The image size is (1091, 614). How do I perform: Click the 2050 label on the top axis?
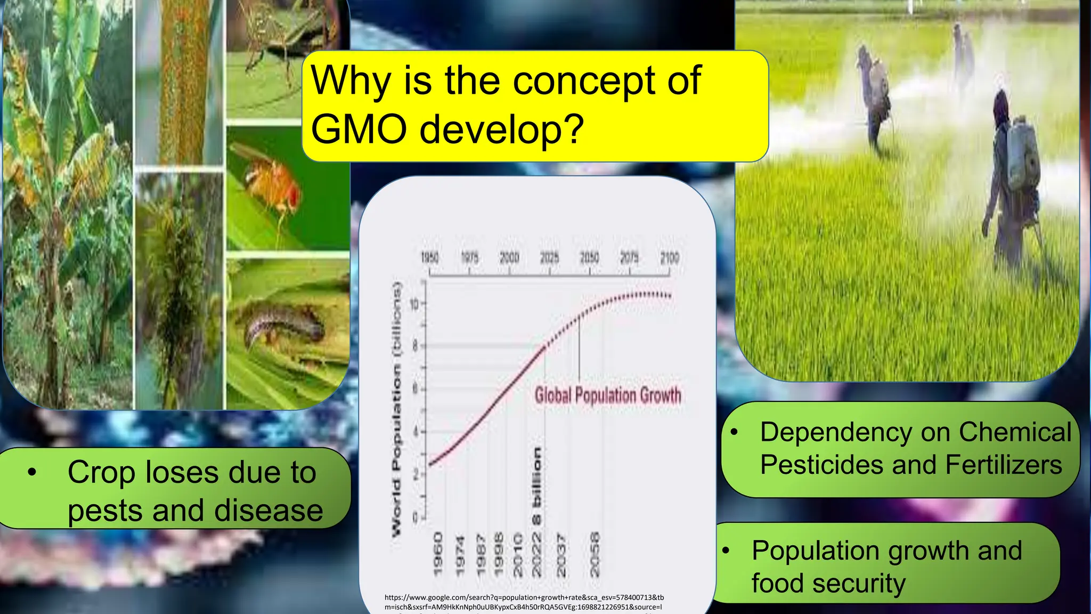pyautogui.click(x=589, y=258)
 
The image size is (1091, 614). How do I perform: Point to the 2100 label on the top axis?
pyautogui.click(x=670, y=258)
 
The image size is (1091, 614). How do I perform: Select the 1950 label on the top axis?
pyautogui.click(x=429, y=258)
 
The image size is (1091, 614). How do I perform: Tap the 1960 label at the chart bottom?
pyautogui.click(x=438, y=554)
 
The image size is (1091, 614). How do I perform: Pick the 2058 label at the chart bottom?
pyautogui.click(x=595, y=554)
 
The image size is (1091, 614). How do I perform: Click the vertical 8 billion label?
pyautogui.click(x=537, y=485)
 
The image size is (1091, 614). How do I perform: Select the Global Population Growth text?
pyautogui.click(x=608, y=395)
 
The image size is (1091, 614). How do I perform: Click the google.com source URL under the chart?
pyautogui.click(x=524, y=602)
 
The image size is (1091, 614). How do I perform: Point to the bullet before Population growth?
pyautogui.click(x=726, y=551)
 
